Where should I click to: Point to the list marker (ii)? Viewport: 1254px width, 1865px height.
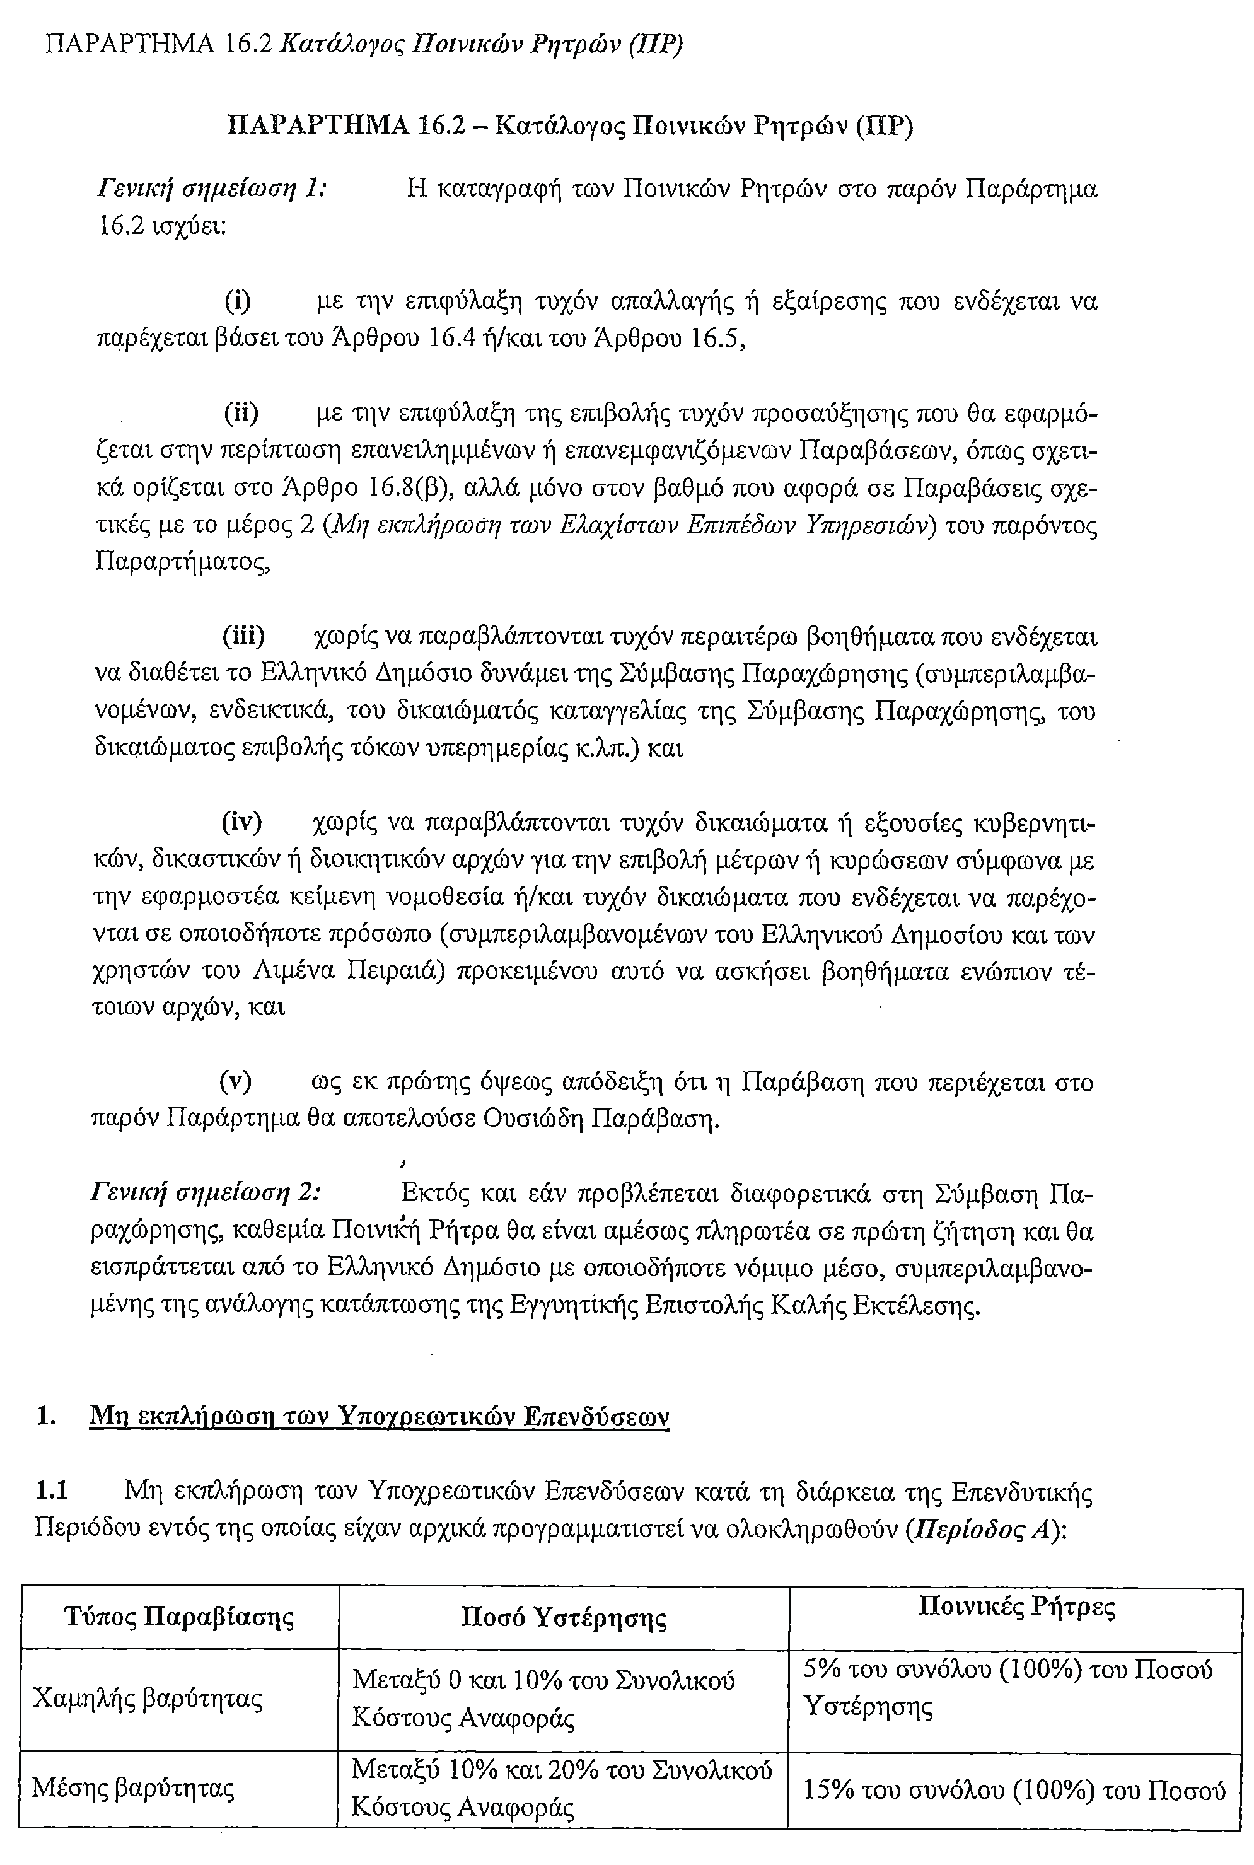pos(241,414)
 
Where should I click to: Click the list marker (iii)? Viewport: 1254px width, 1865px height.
pos(243,637)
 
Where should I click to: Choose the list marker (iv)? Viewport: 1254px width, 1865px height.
pos(241,822)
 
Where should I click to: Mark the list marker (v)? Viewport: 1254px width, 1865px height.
pos(236,1082)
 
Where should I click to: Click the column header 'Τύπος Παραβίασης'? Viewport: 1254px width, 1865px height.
pos(179,1617)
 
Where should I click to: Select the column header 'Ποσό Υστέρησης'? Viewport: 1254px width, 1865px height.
pos(564,1617)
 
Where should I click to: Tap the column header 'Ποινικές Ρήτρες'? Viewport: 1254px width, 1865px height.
pos(1016,1606)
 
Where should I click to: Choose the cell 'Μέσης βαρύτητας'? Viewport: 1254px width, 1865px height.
pos(133,1788)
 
